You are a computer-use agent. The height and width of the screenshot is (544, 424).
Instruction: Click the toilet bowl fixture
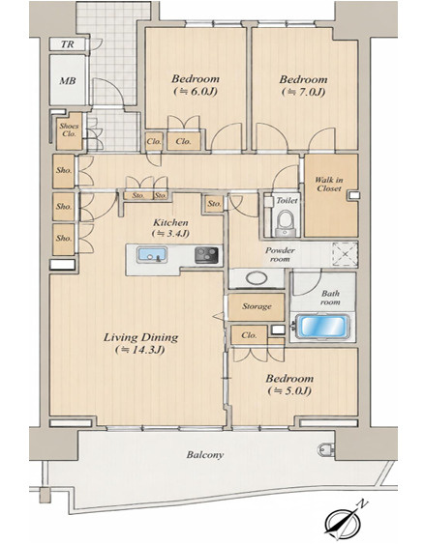285,223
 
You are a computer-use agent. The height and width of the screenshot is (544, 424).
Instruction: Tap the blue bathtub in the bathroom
322,327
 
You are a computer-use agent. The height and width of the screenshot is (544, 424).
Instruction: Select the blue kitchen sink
152,255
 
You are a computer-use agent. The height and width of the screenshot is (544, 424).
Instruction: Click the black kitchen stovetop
206,255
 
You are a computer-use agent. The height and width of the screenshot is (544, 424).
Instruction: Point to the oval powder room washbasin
257,278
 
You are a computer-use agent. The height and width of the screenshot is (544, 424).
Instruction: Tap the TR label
68,44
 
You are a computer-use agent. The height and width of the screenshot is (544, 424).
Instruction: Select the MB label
68,81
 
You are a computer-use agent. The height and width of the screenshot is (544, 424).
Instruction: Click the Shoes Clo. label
69,129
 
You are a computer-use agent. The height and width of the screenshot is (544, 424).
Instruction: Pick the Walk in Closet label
329,185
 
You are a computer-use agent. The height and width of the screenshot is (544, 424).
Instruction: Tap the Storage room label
257,306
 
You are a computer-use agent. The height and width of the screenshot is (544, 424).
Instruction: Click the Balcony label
205,454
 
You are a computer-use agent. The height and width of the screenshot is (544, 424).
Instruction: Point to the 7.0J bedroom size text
304,92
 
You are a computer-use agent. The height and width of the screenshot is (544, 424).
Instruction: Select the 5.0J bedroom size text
289,391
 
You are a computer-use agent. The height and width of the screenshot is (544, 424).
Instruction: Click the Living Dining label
140,337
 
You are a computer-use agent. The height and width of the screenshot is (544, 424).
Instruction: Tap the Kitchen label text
170,222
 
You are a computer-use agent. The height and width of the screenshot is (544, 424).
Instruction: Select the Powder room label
280,254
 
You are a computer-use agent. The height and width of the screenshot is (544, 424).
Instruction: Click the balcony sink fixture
325,449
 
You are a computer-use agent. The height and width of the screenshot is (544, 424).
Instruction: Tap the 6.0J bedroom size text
196,91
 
